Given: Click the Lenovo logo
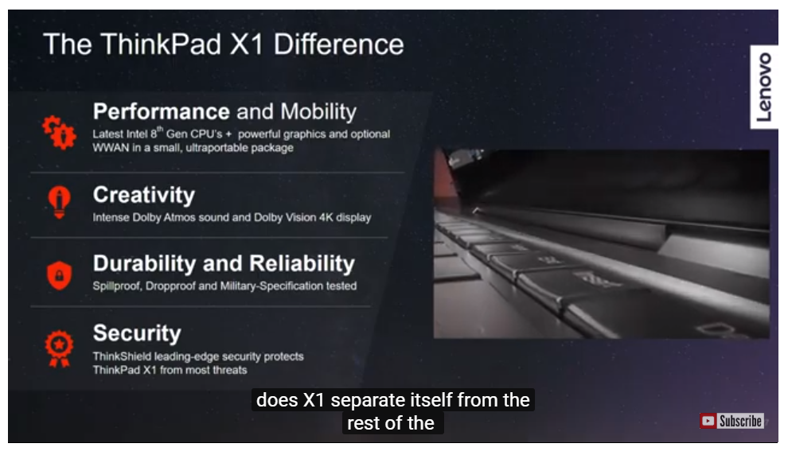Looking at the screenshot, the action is tap(764, 87).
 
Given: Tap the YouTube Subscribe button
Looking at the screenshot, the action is tap(731, 421).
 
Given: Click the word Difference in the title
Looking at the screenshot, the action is tap(339, 45).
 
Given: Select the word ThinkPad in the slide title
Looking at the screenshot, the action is tap(161, 45).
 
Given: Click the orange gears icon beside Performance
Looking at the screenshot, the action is tap(60, 133).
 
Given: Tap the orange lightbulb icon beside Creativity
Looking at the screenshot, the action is tap(60, 202).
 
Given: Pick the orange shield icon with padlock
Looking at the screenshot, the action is tap(60, 275).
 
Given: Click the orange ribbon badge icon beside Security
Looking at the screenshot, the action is tap(60, 348).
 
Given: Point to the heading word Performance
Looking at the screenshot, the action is tap(162, 111).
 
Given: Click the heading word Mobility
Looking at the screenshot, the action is tap(318, 111).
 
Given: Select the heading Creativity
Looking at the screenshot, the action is tap(144, 195).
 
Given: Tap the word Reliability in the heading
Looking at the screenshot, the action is tap(302, 263).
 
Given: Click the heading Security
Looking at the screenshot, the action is tap(137, 333).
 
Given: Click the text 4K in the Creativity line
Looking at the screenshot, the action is tap(326, 217).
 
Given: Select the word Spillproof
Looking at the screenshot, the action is tap(116, 286).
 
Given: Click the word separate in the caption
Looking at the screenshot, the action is tap(368, 401).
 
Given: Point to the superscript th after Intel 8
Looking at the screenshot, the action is tap(160, 130).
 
